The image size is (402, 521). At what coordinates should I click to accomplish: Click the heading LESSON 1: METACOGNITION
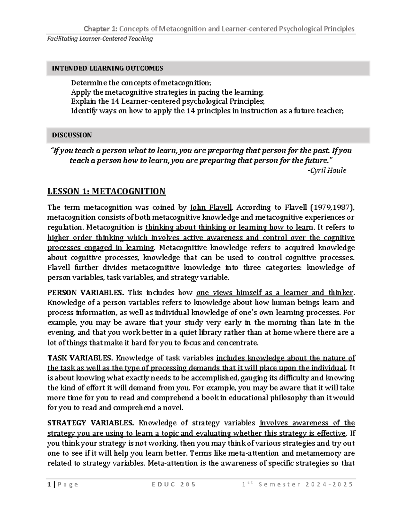[x=107, y=192]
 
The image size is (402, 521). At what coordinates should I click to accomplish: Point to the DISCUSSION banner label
[x=72, y=135]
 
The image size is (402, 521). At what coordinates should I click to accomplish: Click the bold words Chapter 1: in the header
[x=100, y=29]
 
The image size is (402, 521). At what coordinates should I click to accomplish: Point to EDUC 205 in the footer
[x=174, y=484]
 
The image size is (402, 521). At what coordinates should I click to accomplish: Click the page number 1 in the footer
[x=49, y=484]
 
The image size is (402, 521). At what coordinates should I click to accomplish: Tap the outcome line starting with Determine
[x=141, y=83]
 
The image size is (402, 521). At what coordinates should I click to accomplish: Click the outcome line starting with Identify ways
[x=207, y=111]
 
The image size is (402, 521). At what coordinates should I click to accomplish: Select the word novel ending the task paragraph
[x=174, y=408]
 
